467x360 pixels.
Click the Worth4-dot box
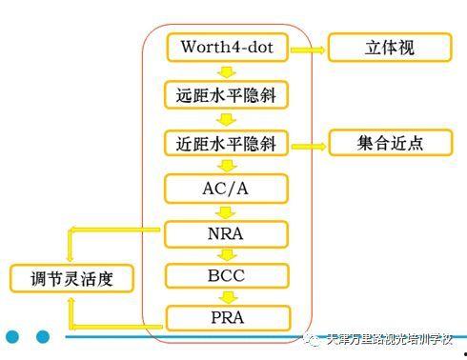click(226, 47)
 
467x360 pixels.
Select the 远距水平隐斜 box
click(226, 95)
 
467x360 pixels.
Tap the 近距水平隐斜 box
click(226, 144)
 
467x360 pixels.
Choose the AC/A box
click(226, 187)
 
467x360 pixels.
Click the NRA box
click(226, 231)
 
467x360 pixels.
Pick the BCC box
click(226, 276)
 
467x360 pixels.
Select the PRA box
click(226, 317)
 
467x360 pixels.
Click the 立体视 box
click(390, 47)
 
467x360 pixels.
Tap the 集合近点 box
click(390, 144)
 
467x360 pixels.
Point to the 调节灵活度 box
click(71, 279)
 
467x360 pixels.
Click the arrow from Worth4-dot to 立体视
click(307, 47)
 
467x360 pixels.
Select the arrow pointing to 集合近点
click(307, 145)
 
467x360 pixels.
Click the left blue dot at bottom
click(12, 336)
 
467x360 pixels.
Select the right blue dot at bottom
click(42, 336)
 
